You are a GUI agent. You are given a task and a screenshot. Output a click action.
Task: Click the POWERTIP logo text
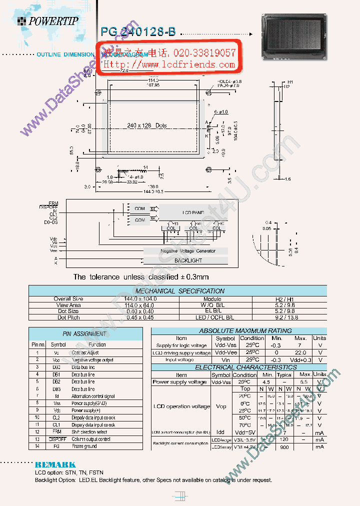[x=53, y=21]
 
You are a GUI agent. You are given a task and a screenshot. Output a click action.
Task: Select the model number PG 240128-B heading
[x=138, y=31]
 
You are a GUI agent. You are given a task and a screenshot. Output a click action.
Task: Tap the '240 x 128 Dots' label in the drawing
[x=146, y=125]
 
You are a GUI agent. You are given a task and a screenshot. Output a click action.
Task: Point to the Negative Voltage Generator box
[x=187, y=251]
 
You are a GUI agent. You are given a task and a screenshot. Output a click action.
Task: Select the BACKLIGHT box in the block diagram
[x=188, y=260]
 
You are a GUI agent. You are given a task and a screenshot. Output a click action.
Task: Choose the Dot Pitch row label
[x=68, y=317]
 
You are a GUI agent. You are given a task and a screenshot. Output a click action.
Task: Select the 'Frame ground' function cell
[x=84, y=446]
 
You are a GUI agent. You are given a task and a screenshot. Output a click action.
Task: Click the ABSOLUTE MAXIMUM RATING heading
[x=238, y=330]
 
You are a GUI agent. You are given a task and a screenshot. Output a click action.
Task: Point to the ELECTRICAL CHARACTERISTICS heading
[x=238, y=367]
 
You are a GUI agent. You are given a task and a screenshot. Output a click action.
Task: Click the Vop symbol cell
[x=220, y=406]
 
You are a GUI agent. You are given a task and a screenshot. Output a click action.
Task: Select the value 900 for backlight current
[x=284, y=447]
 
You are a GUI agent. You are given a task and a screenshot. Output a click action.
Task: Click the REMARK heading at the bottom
[x=55, y=464]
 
